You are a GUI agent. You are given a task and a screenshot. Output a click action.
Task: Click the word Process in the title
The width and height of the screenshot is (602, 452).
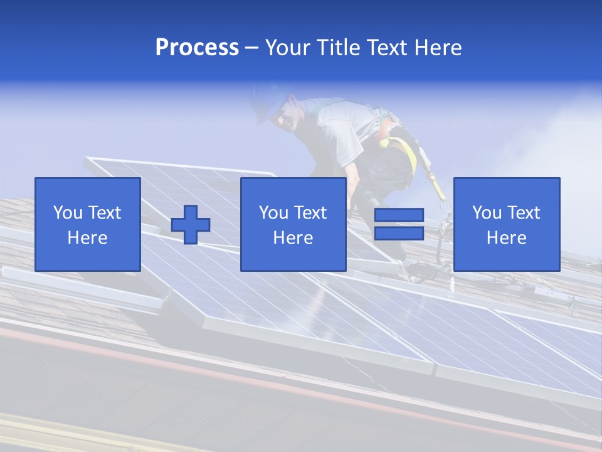[x=197, y=48]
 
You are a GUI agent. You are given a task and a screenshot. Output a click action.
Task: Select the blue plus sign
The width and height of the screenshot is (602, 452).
[x=191, y=225]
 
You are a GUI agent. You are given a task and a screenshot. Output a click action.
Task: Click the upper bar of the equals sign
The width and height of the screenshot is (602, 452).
[x=399, y=215]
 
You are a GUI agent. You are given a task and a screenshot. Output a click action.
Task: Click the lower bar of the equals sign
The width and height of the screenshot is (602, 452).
[x=399, y=234]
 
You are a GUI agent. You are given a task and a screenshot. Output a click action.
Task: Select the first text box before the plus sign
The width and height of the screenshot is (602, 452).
[x=88, y=224]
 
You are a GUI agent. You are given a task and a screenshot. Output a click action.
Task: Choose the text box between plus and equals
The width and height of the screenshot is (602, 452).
[x=293, y=224]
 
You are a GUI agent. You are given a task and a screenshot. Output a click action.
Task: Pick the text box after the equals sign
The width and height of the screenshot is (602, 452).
[x=506, y=224]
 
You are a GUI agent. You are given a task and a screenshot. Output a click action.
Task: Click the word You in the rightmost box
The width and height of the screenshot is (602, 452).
[x=487, y=213]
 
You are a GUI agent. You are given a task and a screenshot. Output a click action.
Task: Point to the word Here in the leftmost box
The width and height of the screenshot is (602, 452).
[x=88, y=238]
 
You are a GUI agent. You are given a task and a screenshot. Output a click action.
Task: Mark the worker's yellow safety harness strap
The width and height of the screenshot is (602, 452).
[x=408, y=153]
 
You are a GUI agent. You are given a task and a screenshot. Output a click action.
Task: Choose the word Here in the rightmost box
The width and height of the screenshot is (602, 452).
[x=506, y=238]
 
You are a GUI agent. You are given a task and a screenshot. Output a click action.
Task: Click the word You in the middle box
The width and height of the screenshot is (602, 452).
[x=273, y=213]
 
